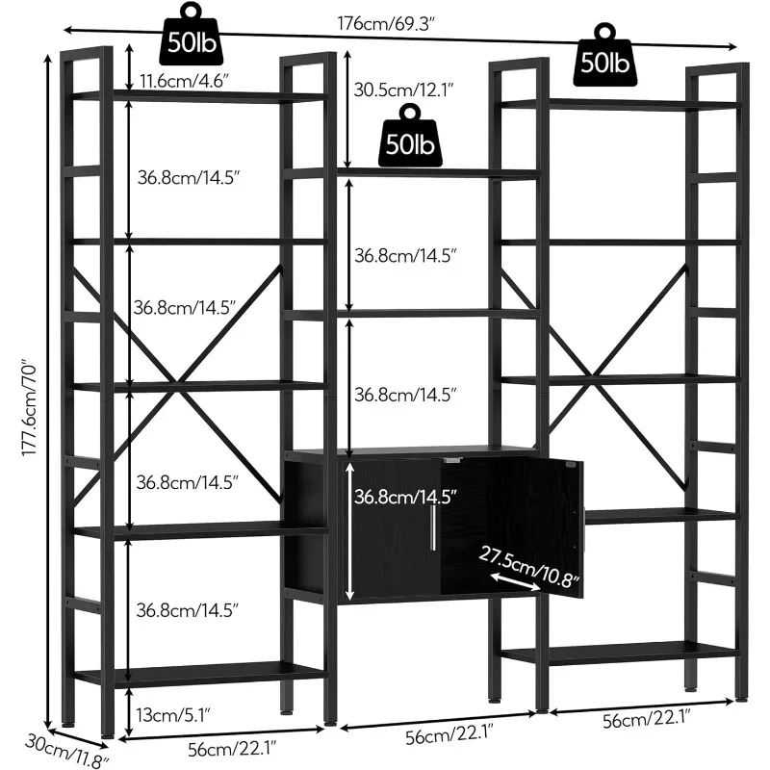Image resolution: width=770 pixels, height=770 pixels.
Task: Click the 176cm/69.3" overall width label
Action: [x=394, y=22]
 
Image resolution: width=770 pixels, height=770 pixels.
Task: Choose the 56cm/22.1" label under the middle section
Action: [x=434, y=738]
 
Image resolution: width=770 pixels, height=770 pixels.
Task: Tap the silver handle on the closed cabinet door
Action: [x=435, y=525]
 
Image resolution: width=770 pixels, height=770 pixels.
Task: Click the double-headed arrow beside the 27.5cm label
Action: [x=509, y=579]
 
